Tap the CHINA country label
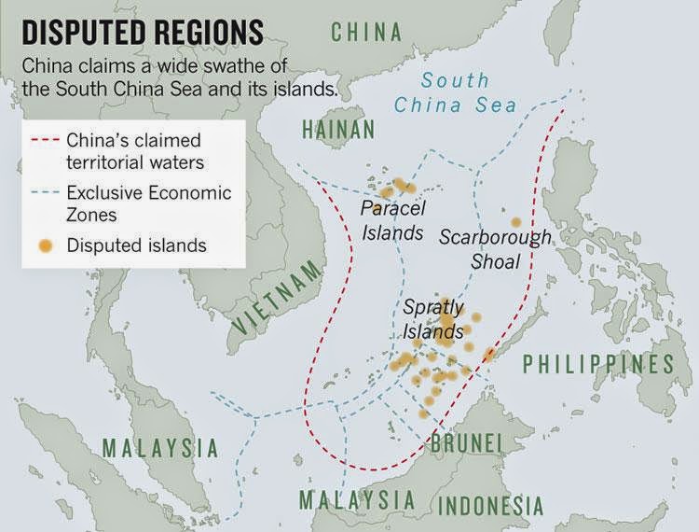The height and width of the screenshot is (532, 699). pos(367,32)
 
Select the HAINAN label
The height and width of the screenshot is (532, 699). pos(337,129)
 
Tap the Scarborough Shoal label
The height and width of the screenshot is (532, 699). pos(495,249)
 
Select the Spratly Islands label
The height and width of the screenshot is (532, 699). pos(433,318)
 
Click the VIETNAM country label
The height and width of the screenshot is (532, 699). pos(278,298)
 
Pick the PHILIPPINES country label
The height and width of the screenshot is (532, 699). pos(597,364)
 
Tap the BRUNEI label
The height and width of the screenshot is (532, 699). pos(468,442)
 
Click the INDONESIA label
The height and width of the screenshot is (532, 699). pos(490,506)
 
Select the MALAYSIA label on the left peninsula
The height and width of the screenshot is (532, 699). pos(159,448)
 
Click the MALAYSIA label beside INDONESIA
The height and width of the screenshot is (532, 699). pos(357,500)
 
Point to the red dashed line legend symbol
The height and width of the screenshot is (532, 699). pos(44,142)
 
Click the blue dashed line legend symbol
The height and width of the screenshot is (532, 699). pos(44,193)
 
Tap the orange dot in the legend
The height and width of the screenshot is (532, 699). pos(44,245)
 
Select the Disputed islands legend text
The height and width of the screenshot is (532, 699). pos(136,245)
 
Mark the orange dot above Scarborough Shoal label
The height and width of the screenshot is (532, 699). pos(515,222)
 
